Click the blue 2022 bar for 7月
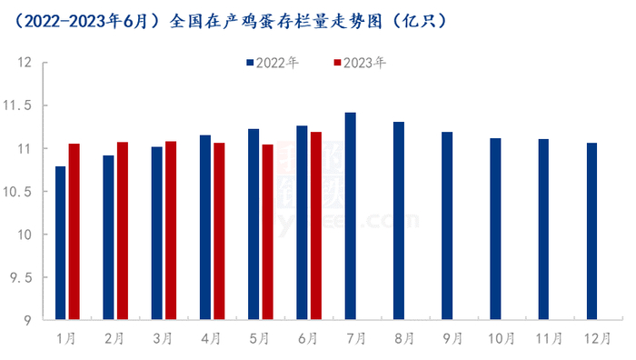pyautogui.click(x=351, y=216)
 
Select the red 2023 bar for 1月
pyautogui.click(x=75, y=232)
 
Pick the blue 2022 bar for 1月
pyautogui.click(x=61, y=244)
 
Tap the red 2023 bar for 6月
pyautogui.click(x=315, y=226)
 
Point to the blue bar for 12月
pyautogui.click(x=591, y=232)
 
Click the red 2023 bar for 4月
pyautogui.click(x=219, y=232)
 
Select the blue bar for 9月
pyautogui.click(x=447, y=226)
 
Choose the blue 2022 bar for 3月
pyautogui.click(x=157, y=234)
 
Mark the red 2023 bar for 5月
pyautogui.click(x=267, y=233)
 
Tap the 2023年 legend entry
pyautogui.click(x=360, y=63)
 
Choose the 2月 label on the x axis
pyautogui.click(x=114, y=338)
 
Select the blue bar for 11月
pyautogui.click(x=543, y=230)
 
